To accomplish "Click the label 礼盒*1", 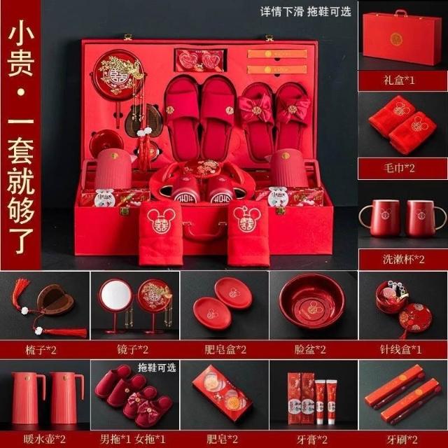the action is pos(399,80).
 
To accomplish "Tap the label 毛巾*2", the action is pos(399,168).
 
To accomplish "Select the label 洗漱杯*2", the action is pos(404,259).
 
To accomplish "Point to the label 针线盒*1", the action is pos(401,349).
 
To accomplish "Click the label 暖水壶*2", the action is pos(45,439).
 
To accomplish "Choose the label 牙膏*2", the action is pos(312,439).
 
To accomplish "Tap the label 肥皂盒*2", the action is pos(225,349).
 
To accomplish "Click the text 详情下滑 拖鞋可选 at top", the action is pos(305,12).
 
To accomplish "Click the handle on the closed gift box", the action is pos(400,13).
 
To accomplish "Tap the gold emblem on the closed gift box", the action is pos(396,39).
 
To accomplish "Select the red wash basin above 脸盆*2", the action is pos(312,301).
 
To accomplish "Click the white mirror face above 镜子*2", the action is pos(117,295).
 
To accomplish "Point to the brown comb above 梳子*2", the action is pos(55,299).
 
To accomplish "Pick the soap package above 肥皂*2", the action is pos(223,393).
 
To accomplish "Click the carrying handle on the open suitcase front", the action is pos(204,232).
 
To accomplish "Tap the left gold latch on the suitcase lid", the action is pos(127,37).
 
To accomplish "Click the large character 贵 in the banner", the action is pos(21,64).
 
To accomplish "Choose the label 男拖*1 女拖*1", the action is pos(133,439).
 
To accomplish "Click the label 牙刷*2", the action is pos(402,439).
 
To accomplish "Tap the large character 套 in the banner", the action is pos(21,150).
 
